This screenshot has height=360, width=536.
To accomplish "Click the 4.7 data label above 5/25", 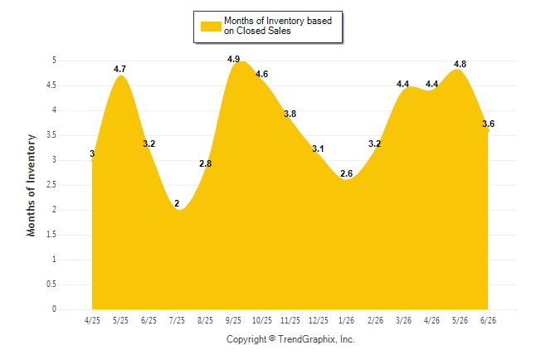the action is (x=119, y=69).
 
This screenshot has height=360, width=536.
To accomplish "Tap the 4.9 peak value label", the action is (x=233, y=59).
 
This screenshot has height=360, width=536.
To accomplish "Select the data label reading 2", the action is (x=177, y=203).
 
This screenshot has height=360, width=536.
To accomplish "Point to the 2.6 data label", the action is (x=346, y=173).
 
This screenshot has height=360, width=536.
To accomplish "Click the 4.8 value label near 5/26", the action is (x=460, y=64).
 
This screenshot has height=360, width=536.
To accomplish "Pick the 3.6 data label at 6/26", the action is (x=488, y=124).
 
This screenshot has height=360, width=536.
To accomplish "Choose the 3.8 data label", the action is (x=290, y=114).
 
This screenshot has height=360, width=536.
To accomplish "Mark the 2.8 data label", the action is (x=206, y=163).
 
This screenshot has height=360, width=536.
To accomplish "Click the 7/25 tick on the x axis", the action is (x=177, y=320).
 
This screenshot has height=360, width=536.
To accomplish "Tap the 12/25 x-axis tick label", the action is (x=319, y=320).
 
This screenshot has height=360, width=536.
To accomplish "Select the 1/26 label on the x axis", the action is (x=346, y=320).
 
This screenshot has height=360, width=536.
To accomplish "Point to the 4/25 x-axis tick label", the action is (x=92, y=320).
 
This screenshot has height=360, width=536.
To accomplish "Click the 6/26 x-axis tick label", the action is (x=488, y=320).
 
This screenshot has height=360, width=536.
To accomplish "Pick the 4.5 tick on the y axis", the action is (x=51, y=85).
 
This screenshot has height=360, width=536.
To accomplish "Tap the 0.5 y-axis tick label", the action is (x=51, y=285).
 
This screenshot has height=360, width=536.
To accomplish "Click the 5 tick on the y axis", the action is (x=54, y=61).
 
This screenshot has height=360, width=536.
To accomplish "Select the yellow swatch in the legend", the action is (x=211, y=27).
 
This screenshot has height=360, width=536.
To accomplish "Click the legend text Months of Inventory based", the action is (x=278, y=21).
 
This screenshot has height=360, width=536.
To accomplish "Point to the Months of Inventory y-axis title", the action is (x=31, y=185).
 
